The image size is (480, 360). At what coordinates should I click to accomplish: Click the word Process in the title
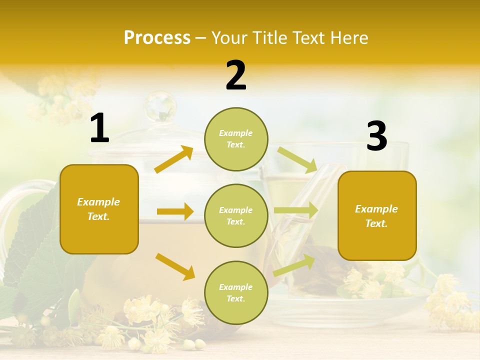pyautogui.click(x=157, y=38)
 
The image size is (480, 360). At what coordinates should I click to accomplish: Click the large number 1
pyautogui.click(x=99, y=128)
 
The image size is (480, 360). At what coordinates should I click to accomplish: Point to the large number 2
pyautogui.click(x=236, y=75)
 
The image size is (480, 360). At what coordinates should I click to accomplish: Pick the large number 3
pyautogui.click(x=376, y=136)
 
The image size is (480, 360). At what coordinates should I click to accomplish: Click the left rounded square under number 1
pyautogui.click(x=99, y=209)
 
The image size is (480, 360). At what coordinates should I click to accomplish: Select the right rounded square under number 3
pyautogui.click(x=377, y=215)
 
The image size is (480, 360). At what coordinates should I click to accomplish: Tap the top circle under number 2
pyautogui.click(x=236, y=139)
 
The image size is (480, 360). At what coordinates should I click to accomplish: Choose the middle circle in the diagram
pyautogui.click(x=236, y=215)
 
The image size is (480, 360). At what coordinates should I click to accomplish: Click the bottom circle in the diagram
pyautogui.click(x=236, y=292)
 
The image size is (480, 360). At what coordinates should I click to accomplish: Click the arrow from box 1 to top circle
pyautogui.click(x=174, y=159)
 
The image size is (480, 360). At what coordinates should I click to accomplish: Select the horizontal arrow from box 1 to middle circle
pyautogui.click(x=175, y=211)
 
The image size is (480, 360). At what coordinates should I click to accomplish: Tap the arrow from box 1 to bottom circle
pyautogui.click(x=175, y=266)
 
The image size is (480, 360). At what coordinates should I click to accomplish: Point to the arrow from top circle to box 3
pyautogui.click(x=297, y=159)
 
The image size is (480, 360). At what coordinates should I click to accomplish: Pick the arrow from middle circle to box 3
pyautogui.click(x=296, y=210)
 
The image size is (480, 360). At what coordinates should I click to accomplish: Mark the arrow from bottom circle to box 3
pyautogui.click(x=294, y=265)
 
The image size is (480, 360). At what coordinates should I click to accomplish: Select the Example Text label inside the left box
pyautogui.click(x=99, y=209)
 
